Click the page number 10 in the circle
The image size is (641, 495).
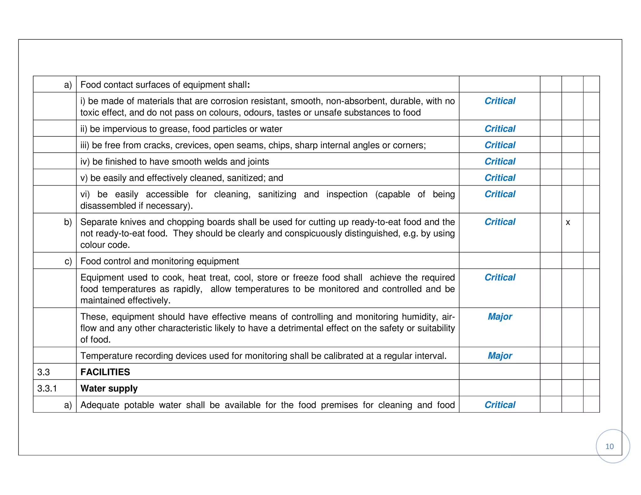coord(609,447)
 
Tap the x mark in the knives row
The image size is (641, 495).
coord(568,222)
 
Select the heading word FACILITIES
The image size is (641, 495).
coord(105,372)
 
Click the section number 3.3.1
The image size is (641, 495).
coord(47,389)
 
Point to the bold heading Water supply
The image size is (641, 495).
coord(109,389)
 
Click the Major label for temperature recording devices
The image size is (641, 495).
coord(500,356)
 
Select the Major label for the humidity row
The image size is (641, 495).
coord(500,317)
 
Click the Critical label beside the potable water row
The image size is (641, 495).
coord(500,405)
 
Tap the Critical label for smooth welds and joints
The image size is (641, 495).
coord(500,161)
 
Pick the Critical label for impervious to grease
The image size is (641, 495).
coord(500,129)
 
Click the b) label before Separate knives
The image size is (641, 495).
coord(68,222)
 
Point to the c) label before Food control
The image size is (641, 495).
coord(68,261)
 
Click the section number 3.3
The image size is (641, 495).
coord(44,372)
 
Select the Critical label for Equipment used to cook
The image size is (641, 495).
coord(500,278)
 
